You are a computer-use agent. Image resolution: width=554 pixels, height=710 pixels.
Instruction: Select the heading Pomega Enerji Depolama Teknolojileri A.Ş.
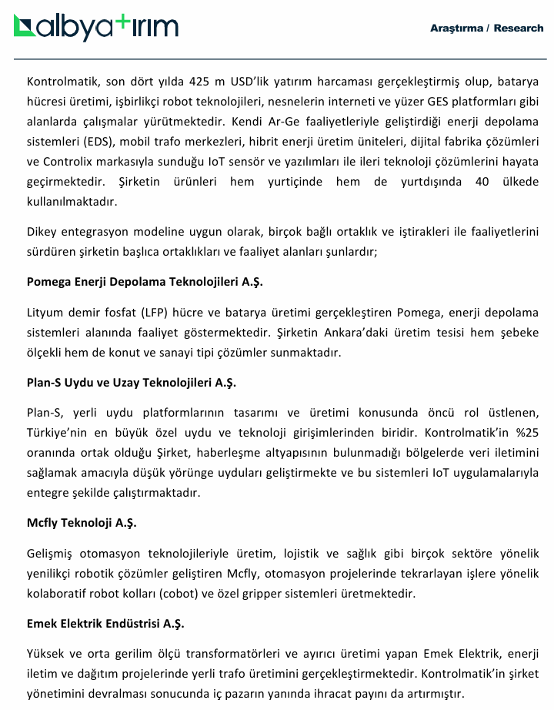coord(145,282)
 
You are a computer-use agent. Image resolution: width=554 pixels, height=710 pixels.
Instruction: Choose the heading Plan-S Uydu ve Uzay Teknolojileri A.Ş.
coord(131,383)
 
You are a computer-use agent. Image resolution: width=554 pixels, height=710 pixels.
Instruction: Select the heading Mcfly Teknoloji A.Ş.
coord(82,523)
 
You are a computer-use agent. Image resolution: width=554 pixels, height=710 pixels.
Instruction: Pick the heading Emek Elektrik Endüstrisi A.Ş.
coord(105,623)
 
